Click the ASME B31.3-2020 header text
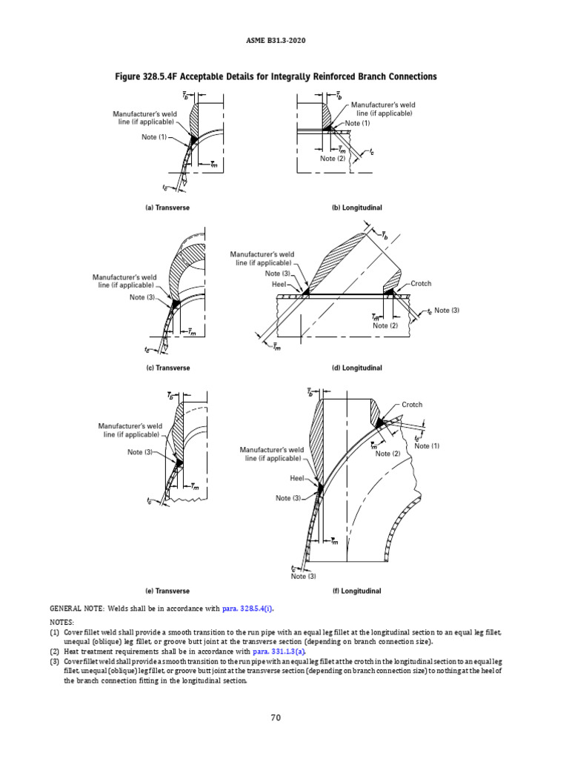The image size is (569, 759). click(x=284, y=40)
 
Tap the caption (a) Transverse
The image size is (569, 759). click(x=167, y=208)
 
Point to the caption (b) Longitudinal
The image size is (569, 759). click(x=357, y=208)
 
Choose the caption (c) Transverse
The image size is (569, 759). click(x=167, y=368)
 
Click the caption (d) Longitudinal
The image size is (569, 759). click(x=357, y=368)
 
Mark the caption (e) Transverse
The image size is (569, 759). click(x=167, y=591)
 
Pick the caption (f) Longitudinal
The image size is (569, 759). click(x=357, y=591)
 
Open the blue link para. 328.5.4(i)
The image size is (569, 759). click(x=248, y=609)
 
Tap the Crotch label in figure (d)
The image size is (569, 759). click(x=420, y=284)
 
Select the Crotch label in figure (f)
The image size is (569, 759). click(x=412, y=405)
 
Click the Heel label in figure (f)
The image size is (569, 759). click(x=298, y=479)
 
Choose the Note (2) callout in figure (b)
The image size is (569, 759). click(x=333, y=159)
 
